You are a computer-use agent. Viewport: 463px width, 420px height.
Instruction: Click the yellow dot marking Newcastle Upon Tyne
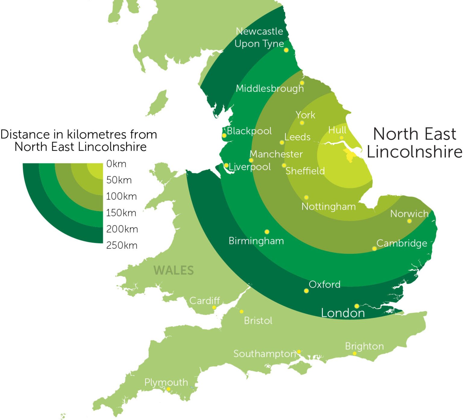286,50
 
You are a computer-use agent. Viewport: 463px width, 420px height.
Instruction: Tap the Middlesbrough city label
269,88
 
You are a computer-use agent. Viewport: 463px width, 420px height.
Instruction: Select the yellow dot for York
302,123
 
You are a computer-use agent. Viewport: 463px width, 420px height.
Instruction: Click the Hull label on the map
337,130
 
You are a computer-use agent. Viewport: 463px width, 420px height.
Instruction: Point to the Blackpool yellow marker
224,136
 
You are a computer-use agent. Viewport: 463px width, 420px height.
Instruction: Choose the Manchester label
276,154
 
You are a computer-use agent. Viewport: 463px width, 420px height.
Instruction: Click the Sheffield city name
305,171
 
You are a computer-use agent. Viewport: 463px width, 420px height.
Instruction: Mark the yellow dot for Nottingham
306,198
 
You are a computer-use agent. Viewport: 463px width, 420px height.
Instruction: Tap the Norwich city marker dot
409,221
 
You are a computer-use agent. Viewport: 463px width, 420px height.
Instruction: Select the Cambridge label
402,243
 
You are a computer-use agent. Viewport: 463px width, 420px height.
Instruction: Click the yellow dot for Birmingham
267,232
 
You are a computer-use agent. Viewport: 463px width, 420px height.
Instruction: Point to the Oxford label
324,285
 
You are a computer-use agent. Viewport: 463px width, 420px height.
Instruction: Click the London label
343,313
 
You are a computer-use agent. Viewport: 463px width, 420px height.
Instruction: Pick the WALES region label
174,270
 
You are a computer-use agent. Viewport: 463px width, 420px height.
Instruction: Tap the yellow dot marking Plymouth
169,389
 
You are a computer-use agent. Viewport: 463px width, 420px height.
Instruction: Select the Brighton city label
364,346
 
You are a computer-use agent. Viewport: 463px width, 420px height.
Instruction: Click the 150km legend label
121,213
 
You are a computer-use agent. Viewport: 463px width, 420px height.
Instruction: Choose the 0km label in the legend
116,164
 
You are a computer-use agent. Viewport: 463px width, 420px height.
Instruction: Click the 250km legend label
122,246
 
